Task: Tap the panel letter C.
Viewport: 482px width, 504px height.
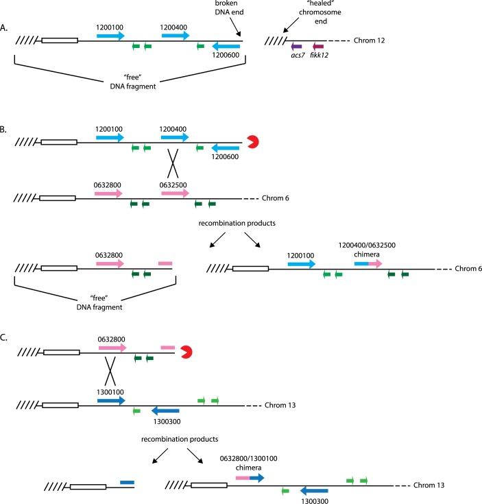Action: pyautogui.click(x=5, y=337)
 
